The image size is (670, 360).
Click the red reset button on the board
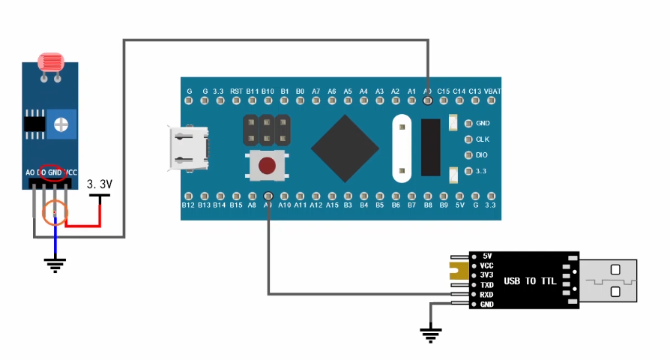[265, 166]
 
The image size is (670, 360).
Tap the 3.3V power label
[100, 184]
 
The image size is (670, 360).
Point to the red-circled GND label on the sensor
[54, 172]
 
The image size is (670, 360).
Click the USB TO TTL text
[530, 281]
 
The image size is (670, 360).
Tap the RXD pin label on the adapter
[486, 295]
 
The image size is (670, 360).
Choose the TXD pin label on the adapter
[486, 285]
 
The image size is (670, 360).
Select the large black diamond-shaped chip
[345, 148]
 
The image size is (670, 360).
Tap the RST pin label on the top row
[236, 91]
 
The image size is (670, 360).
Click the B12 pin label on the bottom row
[188, 205]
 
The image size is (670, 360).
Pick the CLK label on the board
[482, 139]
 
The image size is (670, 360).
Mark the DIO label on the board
[482, 154]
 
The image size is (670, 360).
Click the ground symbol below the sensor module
[54, 264]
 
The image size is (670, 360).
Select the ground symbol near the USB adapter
[430, 334]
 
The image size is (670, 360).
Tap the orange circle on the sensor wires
[55, 214]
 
